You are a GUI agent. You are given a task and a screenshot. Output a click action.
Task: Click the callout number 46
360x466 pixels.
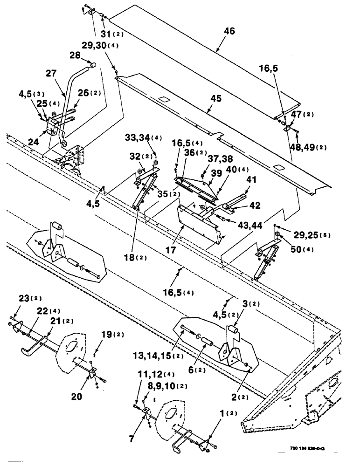point(229,31)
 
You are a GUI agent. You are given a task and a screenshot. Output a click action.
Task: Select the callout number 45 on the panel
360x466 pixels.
point(215,99)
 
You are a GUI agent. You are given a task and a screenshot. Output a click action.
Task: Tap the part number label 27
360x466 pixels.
point(51,74)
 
